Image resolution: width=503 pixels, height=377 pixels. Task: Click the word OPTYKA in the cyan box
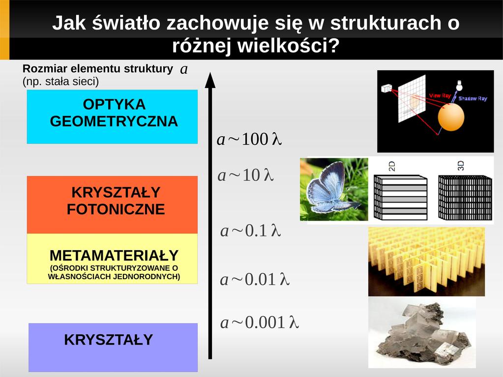[114, 105]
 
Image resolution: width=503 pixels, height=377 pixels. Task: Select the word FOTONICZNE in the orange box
[116, 209]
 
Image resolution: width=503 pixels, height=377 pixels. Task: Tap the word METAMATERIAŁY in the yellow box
[114, 256]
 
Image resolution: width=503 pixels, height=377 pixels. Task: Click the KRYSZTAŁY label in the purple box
[109, 340]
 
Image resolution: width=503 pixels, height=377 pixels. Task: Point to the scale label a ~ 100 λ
[249, 140]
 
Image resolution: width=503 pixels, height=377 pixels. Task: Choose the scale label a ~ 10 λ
[245, 175]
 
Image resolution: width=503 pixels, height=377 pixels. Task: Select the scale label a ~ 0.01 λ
[255, 280]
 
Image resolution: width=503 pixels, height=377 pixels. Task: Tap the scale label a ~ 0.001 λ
[260, 322]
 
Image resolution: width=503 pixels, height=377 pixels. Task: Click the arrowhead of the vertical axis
[210, 80]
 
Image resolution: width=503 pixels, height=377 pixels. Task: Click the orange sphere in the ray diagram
[451, 117]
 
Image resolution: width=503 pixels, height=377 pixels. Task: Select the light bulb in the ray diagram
[460, 86]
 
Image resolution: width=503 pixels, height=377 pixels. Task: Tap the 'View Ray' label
[440, 95]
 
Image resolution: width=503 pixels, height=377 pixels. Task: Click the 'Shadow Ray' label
[473, 98]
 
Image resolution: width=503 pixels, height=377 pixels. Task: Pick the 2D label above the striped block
[392, 166]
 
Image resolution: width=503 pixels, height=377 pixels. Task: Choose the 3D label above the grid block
[461, 166]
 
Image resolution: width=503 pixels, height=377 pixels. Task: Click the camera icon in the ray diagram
[386, 88]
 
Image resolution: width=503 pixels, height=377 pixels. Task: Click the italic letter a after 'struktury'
[184, 69]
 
